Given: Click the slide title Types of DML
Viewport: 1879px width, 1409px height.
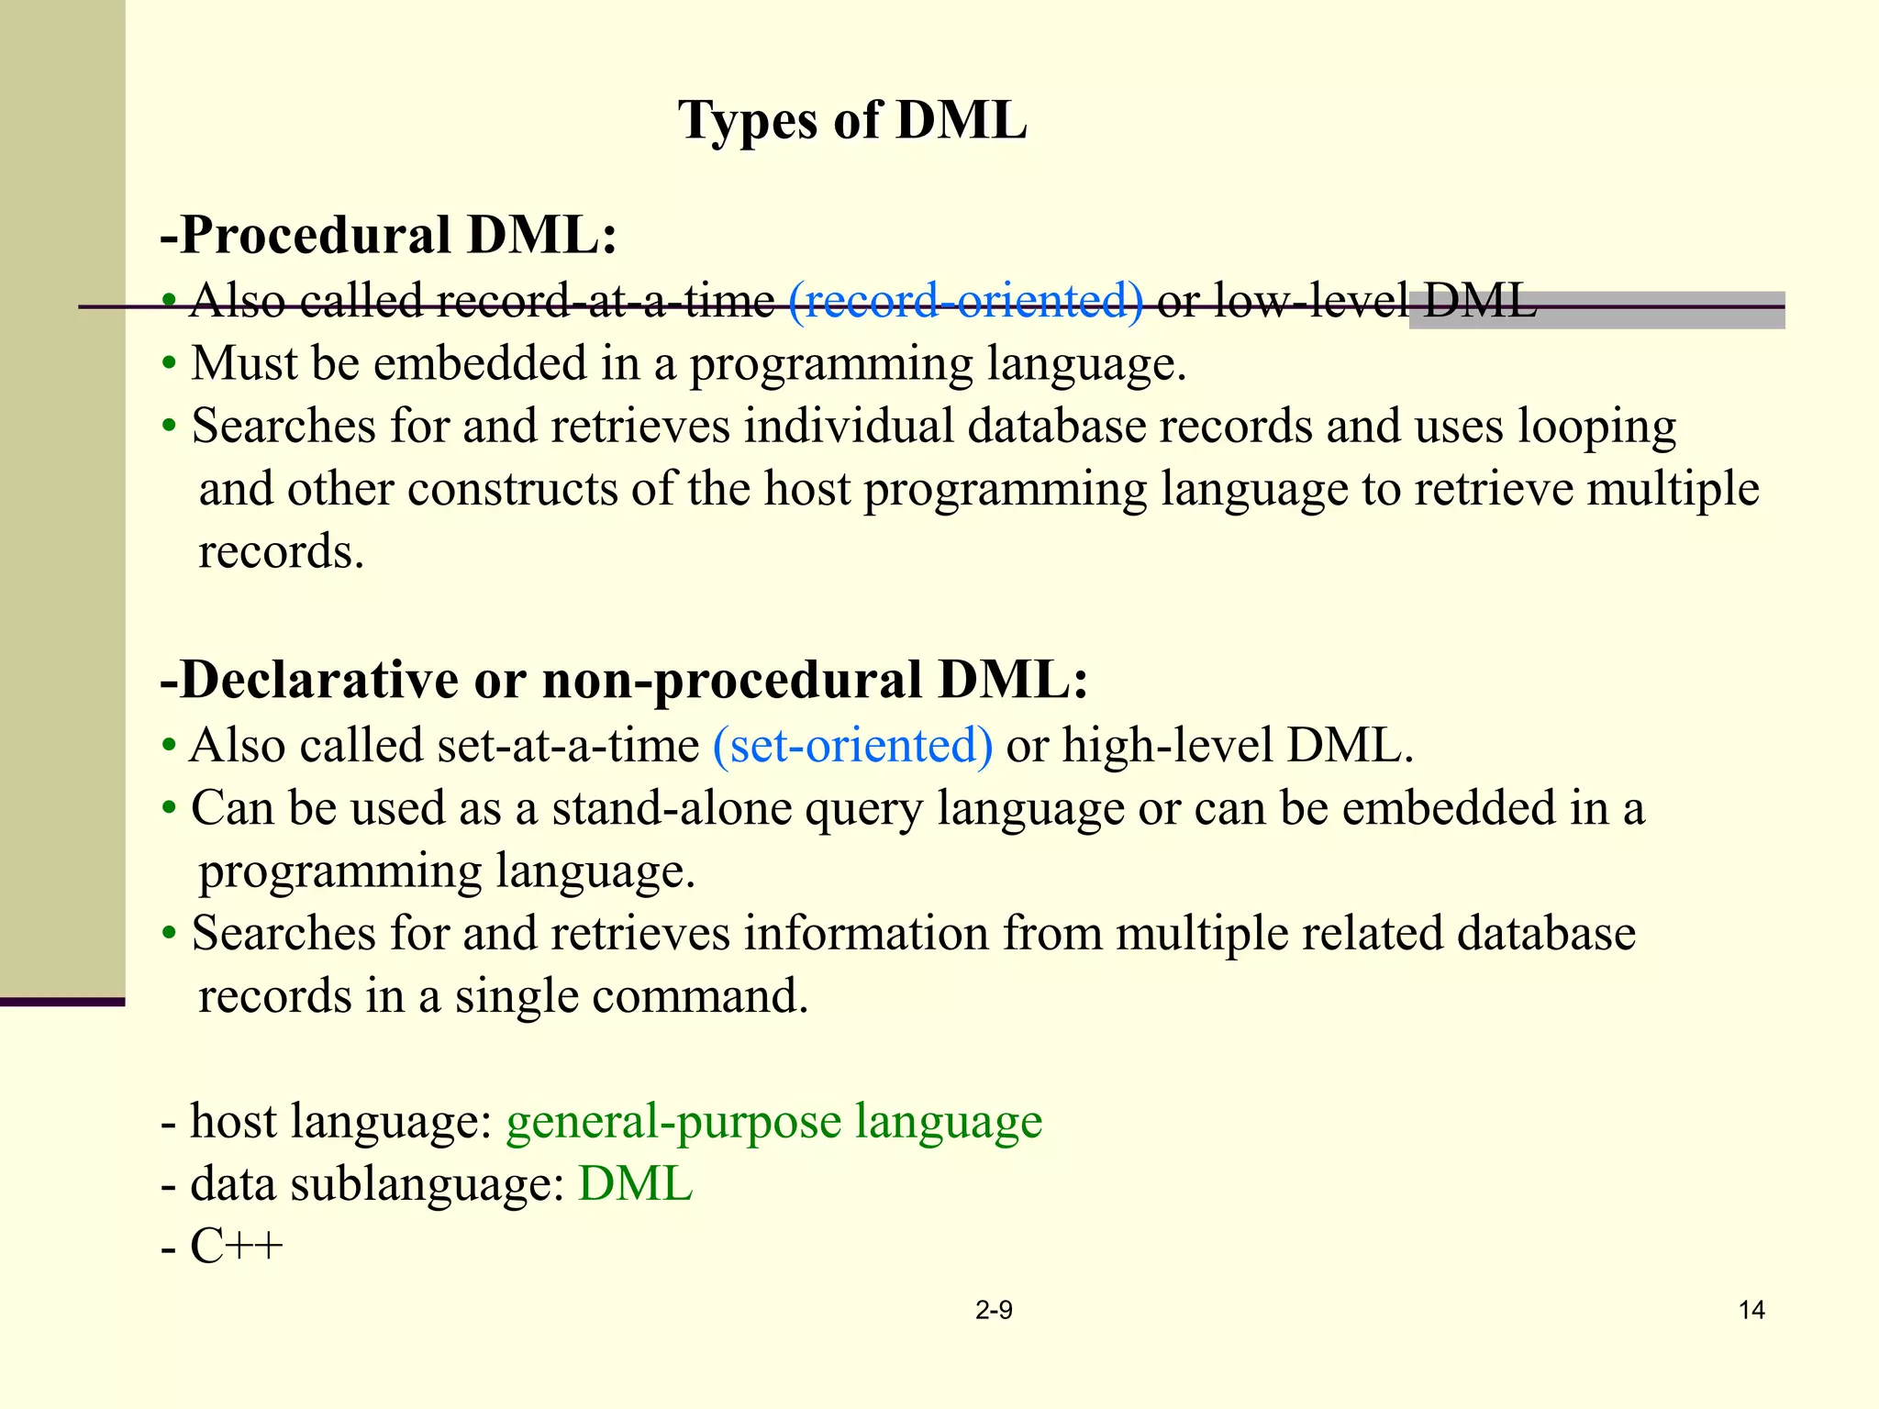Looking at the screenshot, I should (x=852, y=121).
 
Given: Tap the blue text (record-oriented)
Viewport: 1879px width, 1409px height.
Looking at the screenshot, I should (x=966, y=301).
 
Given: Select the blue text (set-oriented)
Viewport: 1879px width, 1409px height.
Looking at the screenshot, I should (x=852, y=745).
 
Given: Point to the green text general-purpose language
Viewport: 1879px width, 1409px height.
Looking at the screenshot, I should (x=773, y=1121).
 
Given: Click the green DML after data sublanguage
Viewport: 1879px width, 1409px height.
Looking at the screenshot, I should (x=635, y=1183).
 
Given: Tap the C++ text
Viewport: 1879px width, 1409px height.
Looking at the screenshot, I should (x=236, y=1246).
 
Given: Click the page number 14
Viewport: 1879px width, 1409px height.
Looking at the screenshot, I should (x=1751, y=1310).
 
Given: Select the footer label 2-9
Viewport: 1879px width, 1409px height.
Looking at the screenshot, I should (x=994, y=1310).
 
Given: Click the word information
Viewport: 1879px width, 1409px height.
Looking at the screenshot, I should (x=865, y=934).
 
